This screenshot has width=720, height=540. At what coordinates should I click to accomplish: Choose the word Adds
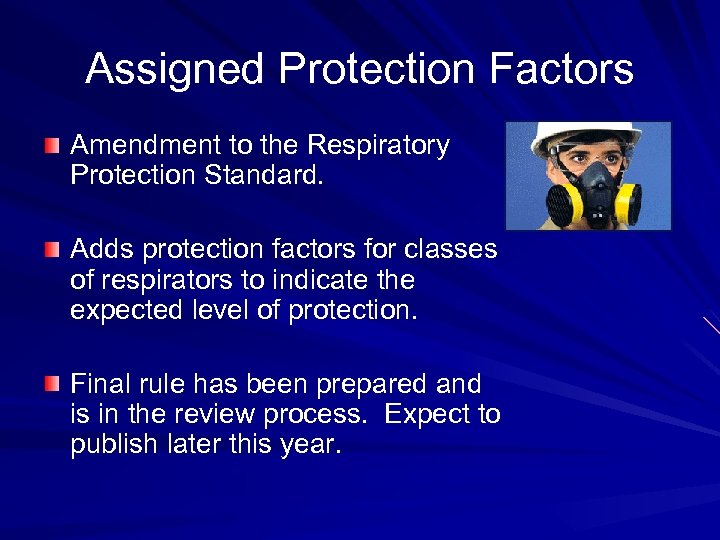[x=98, y=250]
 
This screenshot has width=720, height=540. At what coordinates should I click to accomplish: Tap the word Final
[x=99, y=384]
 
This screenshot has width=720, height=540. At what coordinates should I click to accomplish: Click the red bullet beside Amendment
[x=52, y=147]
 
